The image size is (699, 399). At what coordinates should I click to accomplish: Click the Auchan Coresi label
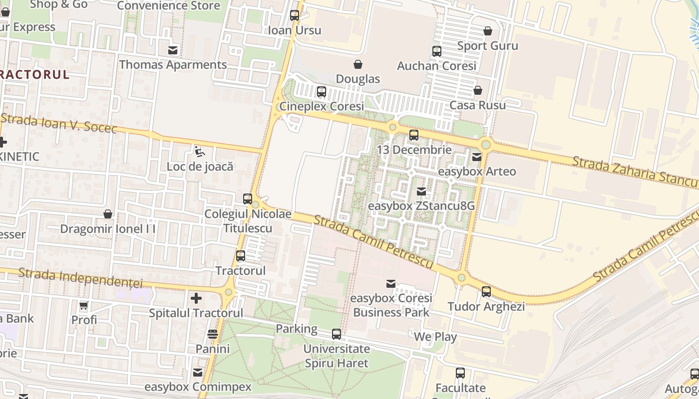click(436, 66)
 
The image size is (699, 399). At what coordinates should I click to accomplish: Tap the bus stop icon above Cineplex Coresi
click(322, 92)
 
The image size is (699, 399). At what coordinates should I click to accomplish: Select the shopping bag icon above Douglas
click(358, 64)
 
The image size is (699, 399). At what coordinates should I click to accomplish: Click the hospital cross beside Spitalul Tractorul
click(196, 298)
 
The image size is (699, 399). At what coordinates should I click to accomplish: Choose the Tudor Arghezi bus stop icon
click(486, 292)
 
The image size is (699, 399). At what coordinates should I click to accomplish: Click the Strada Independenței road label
click(80, 278)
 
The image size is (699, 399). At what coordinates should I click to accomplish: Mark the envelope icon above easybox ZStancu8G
click(421, 192)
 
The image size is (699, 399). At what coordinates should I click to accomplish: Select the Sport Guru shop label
click(488, 46)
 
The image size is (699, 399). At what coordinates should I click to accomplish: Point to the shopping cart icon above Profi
click(84, 305)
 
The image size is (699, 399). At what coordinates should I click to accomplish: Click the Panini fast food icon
click(213, 334)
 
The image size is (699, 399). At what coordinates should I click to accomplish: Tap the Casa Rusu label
click(477, 105)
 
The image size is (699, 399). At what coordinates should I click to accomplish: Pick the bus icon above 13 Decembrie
click(413, 135)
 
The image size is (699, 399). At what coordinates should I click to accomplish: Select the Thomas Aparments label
click(173, 65)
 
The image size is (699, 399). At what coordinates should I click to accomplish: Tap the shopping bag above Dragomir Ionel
click(107, 214)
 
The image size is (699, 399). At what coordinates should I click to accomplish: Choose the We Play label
click(435, 337)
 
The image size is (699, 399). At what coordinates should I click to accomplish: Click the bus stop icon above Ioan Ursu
click(295, 15)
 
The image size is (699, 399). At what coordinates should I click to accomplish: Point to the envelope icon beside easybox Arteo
click(477, 157)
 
